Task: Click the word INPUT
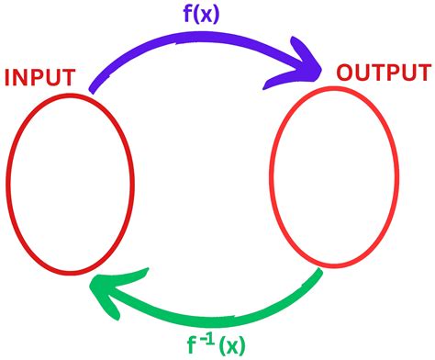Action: [41, 77]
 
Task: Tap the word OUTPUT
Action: [385, 73]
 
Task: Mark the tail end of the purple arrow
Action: [92, 89]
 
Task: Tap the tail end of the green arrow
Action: [320, 273]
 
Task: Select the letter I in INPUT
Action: [8, 77]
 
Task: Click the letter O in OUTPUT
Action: [348, 73]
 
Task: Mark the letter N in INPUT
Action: [22, 77]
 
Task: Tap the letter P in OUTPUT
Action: [400, 73]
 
